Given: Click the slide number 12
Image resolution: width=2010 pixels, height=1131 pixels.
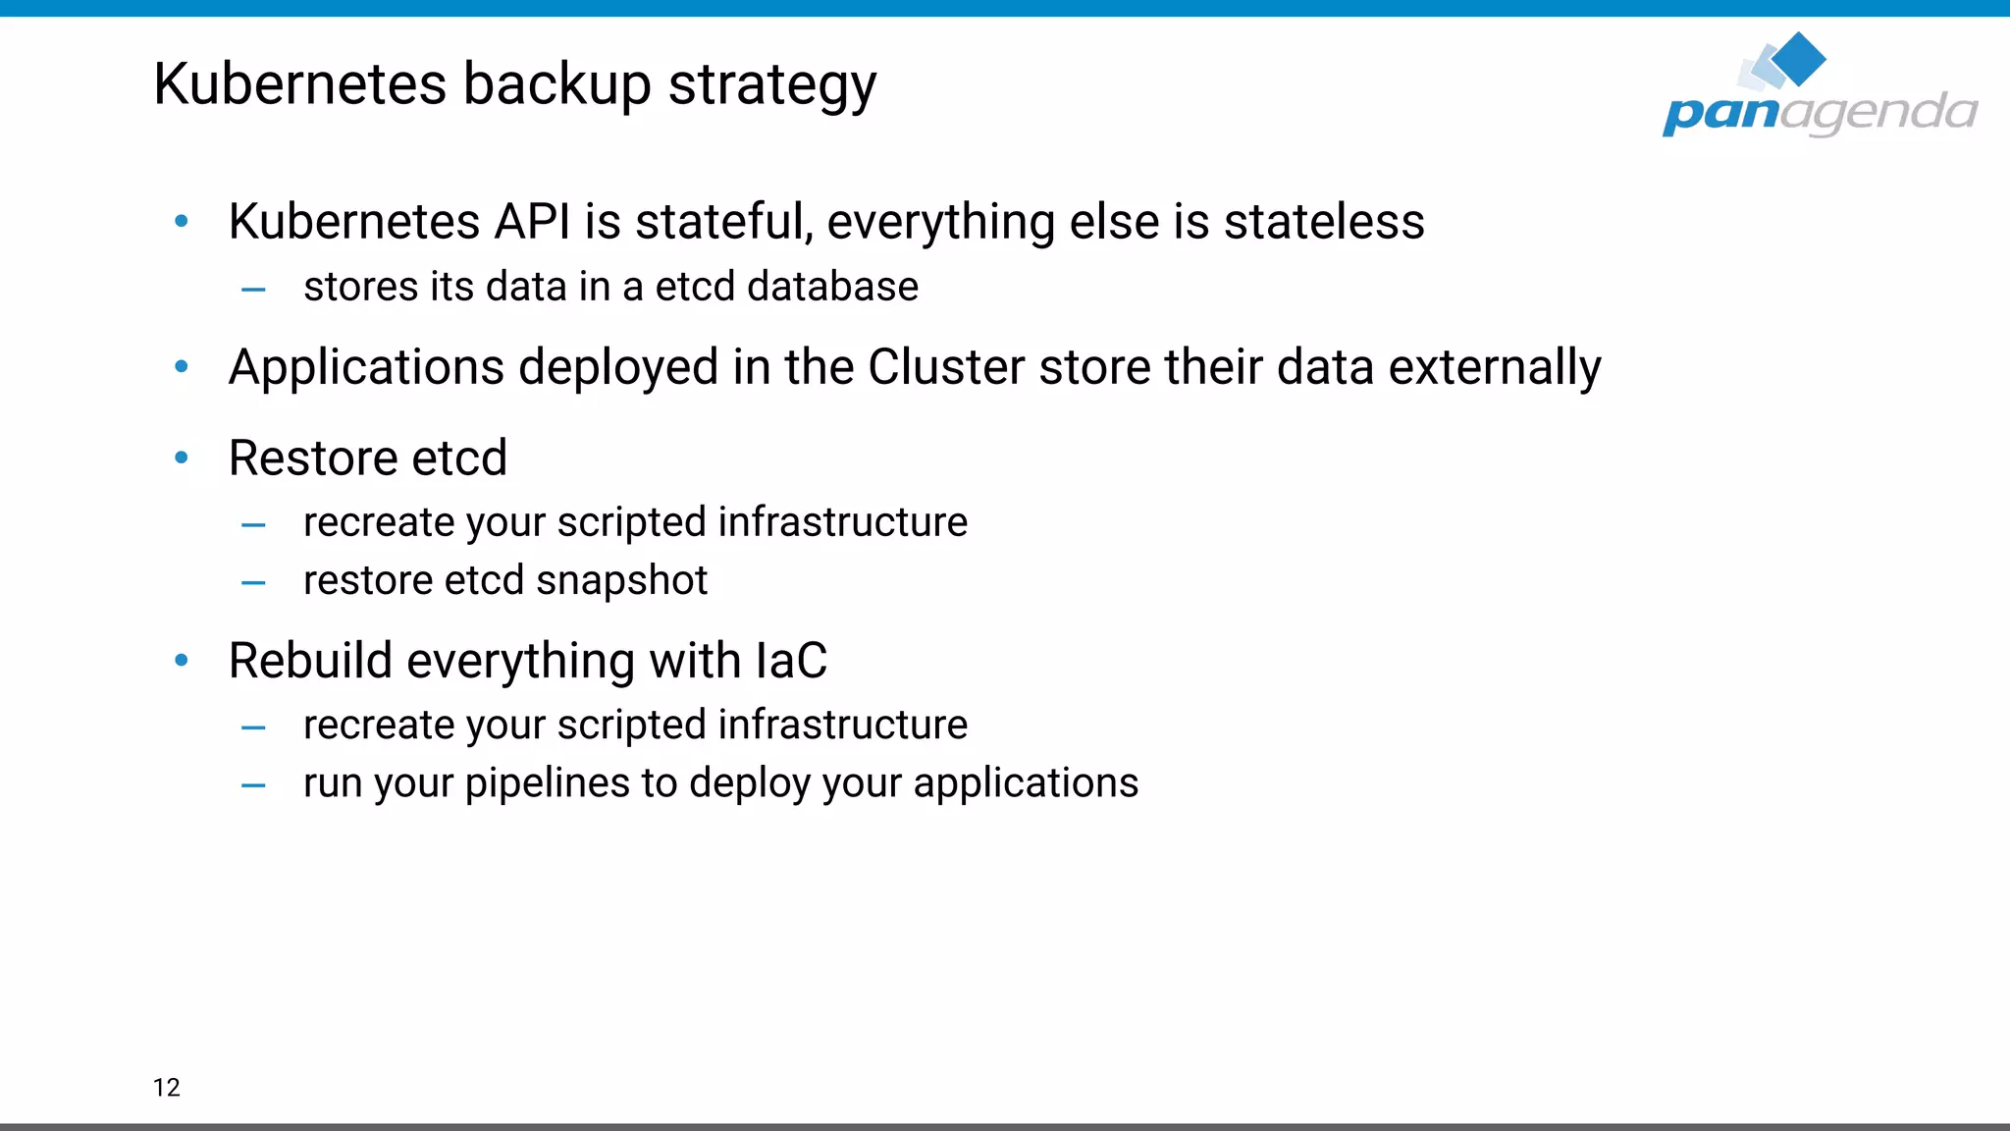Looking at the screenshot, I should pos(167,1087).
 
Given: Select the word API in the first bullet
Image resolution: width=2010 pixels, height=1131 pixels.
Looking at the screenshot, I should pos(532,221).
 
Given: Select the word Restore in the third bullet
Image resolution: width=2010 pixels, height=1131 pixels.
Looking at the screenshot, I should pos(312,458).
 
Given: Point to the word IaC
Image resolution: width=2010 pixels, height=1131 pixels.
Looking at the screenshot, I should pos(791,660).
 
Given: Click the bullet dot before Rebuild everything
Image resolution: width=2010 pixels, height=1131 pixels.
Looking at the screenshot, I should pos(182,660).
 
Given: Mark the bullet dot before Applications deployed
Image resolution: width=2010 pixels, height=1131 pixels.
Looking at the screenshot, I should pos(182,367).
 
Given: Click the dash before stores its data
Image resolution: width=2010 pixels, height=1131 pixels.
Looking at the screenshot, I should pos(253,289).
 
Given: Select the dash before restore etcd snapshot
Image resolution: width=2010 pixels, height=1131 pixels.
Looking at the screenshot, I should pos(253,582).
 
